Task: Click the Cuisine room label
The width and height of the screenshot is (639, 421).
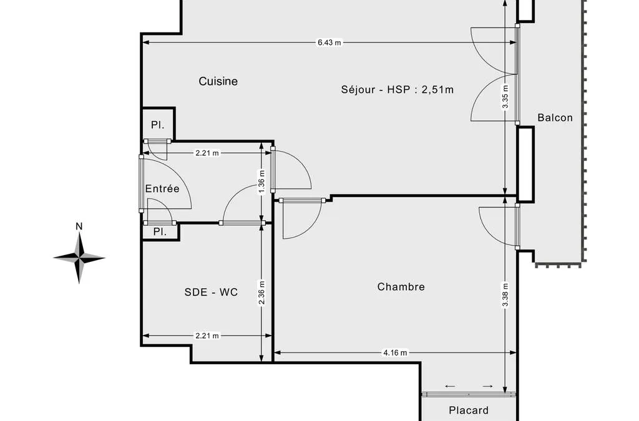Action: (x=218, y=82)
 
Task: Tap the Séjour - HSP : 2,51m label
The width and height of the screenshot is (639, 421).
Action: (x=398, y=90)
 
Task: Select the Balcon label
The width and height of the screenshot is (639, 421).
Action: (x=555, y=118)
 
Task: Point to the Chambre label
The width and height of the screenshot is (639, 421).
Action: (x=401, y=287)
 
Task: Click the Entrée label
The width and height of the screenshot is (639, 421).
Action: (x=162, y=188)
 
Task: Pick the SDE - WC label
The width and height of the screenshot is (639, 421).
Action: (x=211, y=292)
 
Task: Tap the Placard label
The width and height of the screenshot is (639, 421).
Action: (x=469, y=410)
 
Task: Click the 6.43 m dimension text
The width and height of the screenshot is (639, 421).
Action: (x=329, y=42)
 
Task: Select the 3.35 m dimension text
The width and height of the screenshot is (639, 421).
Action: (x=505, y=97)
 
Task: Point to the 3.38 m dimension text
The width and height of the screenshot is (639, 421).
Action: (x=505, y=295)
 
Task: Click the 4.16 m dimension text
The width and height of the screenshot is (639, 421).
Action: (x=395, y=352)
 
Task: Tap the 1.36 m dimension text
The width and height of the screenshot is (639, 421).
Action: (x=261, y=181)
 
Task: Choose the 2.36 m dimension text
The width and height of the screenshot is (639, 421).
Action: (x=261, y=293)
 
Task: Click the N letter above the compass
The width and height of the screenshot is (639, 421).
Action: (x=79, y=226)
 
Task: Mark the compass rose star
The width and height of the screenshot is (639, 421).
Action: (x=79, y=258)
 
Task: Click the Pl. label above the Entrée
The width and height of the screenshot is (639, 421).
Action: (x=158, y=125)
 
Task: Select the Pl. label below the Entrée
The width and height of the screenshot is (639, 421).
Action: (x=160, y=232)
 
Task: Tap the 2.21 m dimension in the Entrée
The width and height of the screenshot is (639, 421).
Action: (x=207, y=153)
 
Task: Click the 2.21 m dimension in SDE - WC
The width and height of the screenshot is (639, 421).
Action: (x=207, y=336)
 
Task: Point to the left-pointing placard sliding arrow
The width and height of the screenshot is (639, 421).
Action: (x=450, y=386)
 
